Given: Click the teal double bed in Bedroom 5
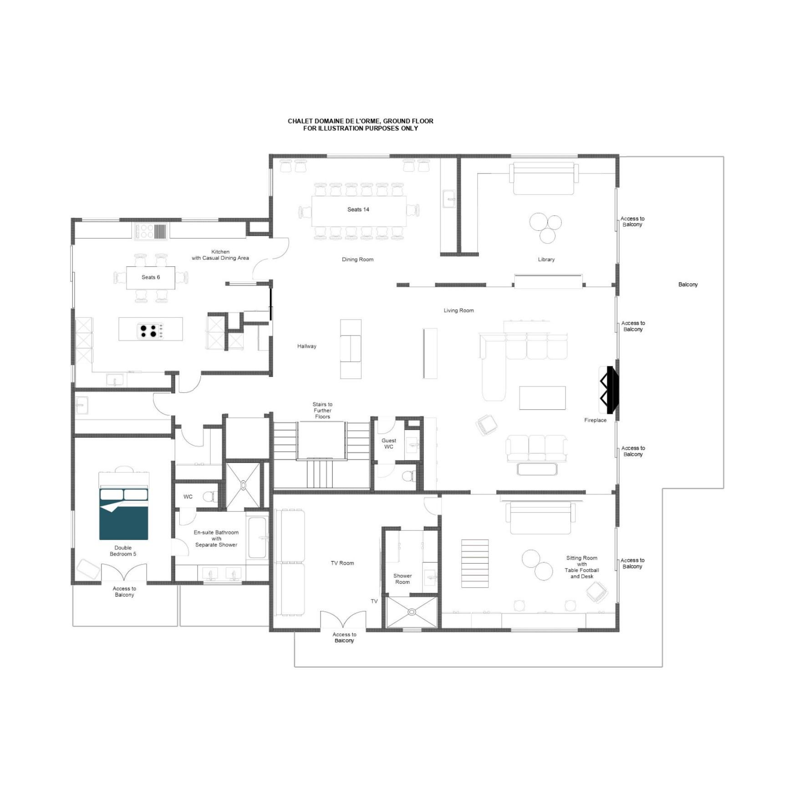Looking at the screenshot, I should click(x=123, y=514).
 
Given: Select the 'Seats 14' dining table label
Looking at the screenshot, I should click(x=358, y=210).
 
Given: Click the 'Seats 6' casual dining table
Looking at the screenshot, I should click(x=151, y=277).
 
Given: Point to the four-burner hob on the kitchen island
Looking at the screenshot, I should click(x=151, y=331).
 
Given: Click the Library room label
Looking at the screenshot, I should click(x=546, y=260).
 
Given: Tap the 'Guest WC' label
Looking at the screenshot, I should click(x=389, y=444).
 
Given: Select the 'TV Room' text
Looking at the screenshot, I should click(x=342, y=563).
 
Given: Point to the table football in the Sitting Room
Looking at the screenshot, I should click(x=475, y=564).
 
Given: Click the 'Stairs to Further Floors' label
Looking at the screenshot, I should click(x=322, y=411).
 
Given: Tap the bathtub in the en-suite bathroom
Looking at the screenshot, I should click(x=258, y=537).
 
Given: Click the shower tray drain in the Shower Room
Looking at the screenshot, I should click(x=412, y=612).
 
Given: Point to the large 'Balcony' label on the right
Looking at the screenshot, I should click(x=687, y=285).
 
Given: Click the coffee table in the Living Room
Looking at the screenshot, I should click(x=542, y=398).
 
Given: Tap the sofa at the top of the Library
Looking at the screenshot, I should click(x=543, y=178).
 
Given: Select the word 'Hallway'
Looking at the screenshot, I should click(x=307, y=346).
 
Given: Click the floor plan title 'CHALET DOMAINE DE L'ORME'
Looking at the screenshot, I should click(x=360, y=121).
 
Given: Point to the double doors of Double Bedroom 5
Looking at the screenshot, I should click(x=124, y=573).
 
